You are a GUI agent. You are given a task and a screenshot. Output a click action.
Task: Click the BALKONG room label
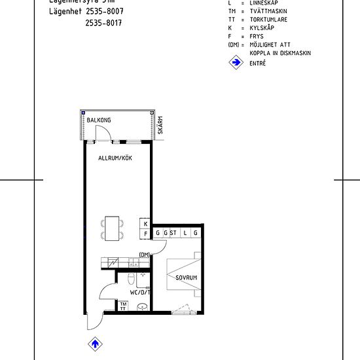pyautogui.click(x=99, y=120)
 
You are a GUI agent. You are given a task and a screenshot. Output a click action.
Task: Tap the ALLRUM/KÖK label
pyautogui.click(x=115, y=158)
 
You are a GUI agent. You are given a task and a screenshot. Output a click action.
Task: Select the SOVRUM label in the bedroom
pyautogui.click(x=187, y=278)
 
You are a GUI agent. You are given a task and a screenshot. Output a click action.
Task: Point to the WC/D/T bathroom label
pyautogui.click(x=140, y=293)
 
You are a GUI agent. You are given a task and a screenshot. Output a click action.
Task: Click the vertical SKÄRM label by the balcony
pyautogui.click(x=160, y=125)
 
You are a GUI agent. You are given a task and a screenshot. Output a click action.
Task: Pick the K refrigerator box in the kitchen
pyautogui.click(x=145, y=223)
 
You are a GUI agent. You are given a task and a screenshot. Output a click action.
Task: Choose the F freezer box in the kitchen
pyautogui.click(x=145, y=234)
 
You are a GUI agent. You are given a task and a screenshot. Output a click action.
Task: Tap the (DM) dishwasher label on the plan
pyautogui.click(x=145, y=255)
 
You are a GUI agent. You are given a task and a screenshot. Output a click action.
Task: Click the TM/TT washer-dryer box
pyautogui.click(x=122, y=306)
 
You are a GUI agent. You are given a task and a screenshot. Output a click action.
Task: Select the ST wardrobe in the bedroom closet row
pyautogui.click(x=173, y=233)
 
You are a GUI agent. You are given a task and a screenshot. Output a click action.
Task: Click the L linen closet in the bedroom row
pyautogui.click(x=185, y=233)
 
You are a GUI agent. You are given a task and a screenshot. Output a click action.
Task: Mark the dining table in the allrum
pyautogui.click(x=112, y=227)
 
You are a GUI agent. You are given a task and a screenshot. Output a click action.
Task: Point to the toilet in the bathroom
pyautogui.click(x=132, y=280)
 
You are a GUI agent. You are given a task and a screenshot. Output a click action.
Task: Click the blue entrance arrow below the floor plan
pyautogui.click(x=94, y=344)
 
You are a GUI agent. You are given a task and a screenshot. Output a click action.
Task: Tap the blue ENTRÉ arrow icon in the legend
pyautogui.click(x=235, y=63)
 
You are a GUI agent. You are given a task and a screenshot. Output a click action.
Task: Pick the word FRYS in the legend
pyautogui.click(x=257, y=37)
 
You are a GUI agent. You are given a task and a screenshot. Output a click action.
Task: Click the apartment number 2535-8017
pyautogui.click(x=103, y=23)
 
